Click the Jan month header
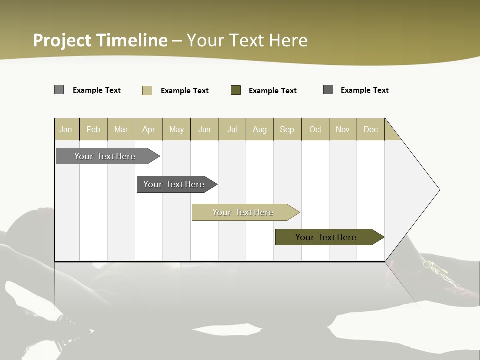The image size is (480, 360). pos(66,129)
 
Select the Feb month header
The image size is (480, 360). pos(93,129)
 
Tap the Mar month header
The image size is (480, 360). pos(121,129)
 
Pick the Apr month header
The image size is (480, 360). pos(149,129)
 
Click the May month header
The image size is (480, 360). pos(176,129)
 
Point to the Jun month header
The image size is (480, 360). pos(204,129)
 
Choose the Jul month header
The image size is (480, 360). pos(232,129)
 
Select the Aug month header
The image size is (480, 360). pos(260,129)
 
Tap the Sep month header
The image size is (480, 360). pos(287,129)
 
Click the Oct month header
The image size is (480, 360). pos(315,129)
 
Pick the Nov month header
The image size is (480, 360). pos(343,129)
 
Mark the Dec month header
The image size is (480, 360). pos(370,129)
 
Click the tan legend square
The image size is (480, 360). pos(147,90)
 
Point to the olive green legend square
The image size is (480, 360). pos(236,90)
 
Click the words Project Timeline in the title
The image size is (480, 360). pos(100,40)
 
